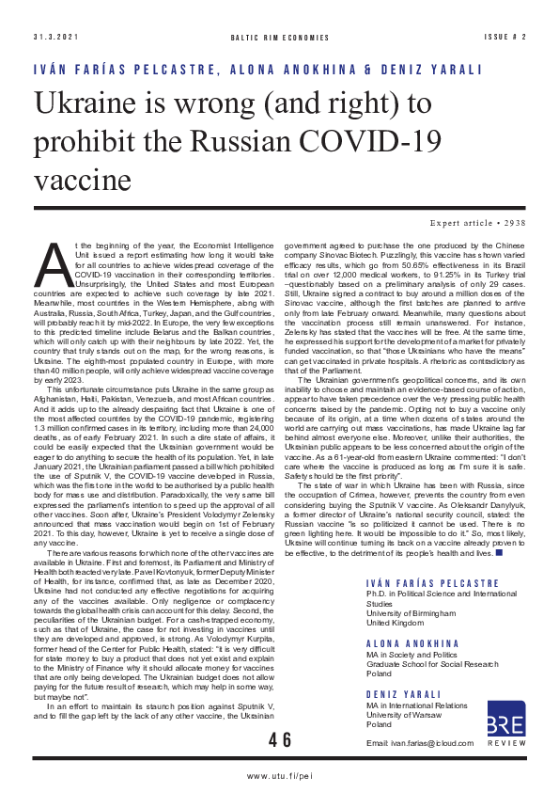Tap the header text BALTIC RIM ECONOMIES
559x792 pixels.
(280, 37)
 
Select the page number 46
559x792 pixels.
(280, 740)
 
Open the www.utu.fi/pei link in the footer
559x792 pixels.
(279, 776)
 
